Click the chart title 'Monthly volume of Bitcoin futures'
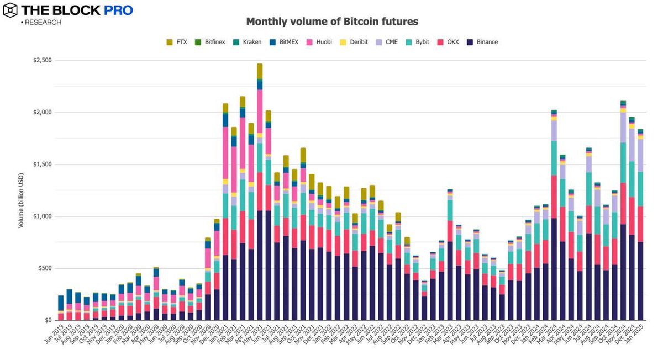331,22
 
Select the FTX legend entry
177,42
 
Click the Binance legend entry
482,42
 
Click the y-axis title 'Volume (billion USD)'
21,190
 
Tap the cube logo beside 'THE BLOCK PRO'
10,10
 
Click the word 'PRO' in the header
119,10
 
